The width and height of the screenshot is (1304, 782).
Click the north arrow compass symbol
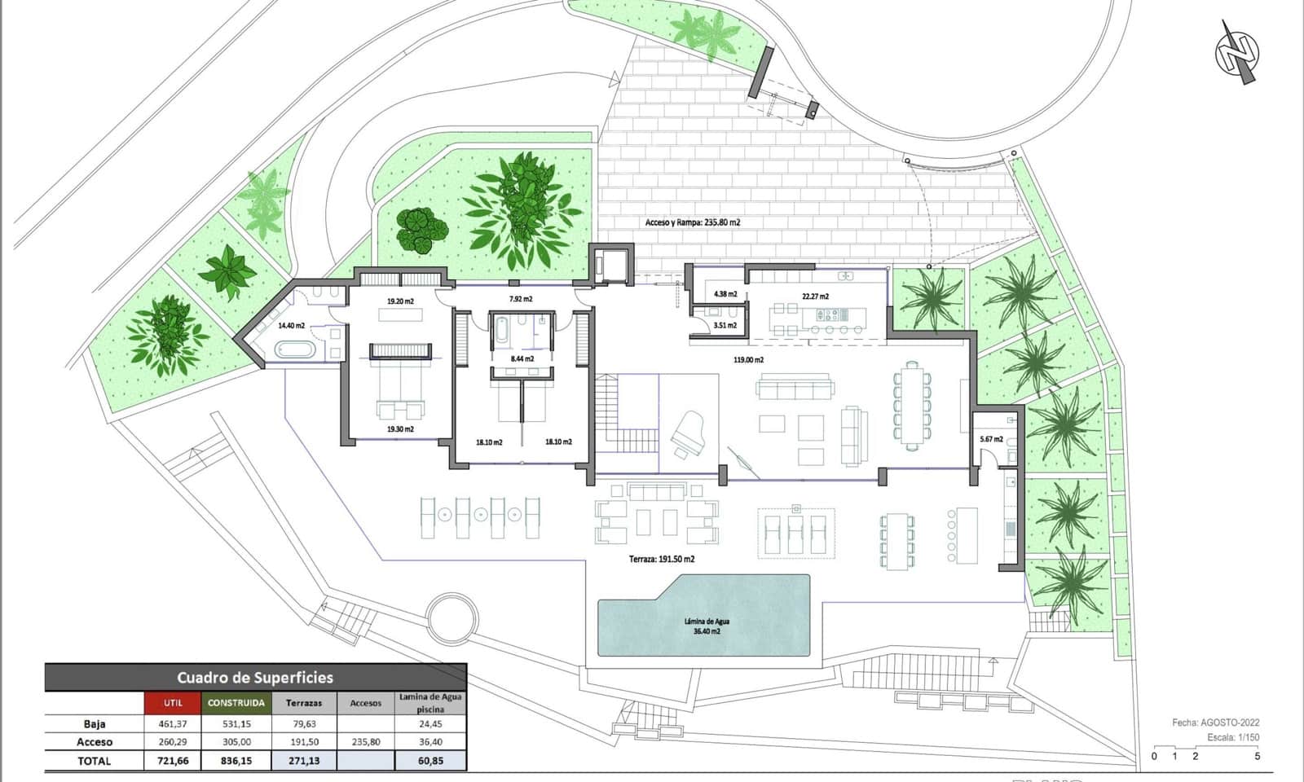[1237, 53]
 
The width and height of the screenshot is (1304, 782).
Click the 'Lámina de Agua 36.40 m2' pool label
[706, 626]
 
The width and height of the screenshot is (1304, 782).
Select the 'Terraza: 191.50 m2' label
[662, 560]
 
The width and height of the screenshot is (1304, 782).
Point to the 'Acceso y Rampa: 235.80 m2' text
[692, 222]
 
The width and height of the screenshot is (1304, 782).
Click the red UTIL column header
[173, 702]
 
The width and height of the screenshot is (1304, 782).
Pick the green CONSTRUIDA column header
[236, 702]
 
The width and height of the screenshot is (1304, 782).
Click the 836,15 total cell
[236, 761]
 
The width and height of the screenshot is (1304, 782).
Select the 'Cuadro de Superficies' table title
[255, 677]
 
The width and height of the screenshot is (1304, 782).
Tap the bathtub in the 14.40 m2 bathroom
[295, 351]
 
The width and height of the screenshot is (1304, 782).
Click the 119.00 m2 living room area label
[748, 359]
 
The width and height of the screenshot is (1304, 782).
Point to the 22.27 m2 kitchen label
[815, 297]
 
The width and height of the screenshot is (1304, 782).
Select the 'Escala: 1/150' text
[1233, 738]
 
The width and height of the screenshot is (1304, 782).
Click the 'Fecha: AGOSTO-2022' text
[1215, 723]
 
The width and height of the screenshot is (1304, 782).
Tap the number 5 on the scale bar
[1257, 756]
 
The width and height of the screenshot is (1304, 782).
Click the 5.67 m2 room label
[992, 439]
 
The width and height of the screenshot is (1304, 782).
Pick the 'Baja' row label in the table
[95, 723]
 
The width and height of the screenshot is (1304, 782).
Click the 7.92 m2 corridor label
[521, 299]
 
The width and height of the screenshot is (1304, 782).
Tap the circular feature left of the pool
[452, 617]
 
